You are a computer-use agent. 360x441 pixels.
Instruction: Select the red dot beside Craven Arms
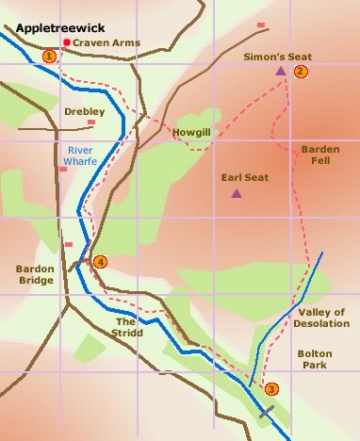point(66,43)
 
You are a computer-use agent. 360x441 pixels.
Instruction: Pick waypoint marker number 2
point(301,72)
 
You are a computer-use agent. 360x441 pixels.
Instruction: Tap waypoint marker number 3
point(272,389)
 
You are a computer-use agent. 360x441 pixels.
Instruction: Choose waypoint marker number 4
point(100,262)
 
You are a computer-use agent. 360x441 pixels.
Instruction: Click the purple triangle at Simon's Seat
point(280,70)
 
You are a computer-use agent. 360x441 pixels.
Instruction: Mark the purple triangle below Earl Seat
point(236,194)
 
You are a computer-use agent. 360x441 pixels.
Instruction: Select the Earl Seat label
point(239,176)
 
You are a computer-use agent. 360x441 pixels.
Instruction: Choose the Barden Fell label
point(319,155)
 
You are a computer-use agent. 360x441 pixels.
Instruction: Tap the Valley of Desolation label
point(322,318)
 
